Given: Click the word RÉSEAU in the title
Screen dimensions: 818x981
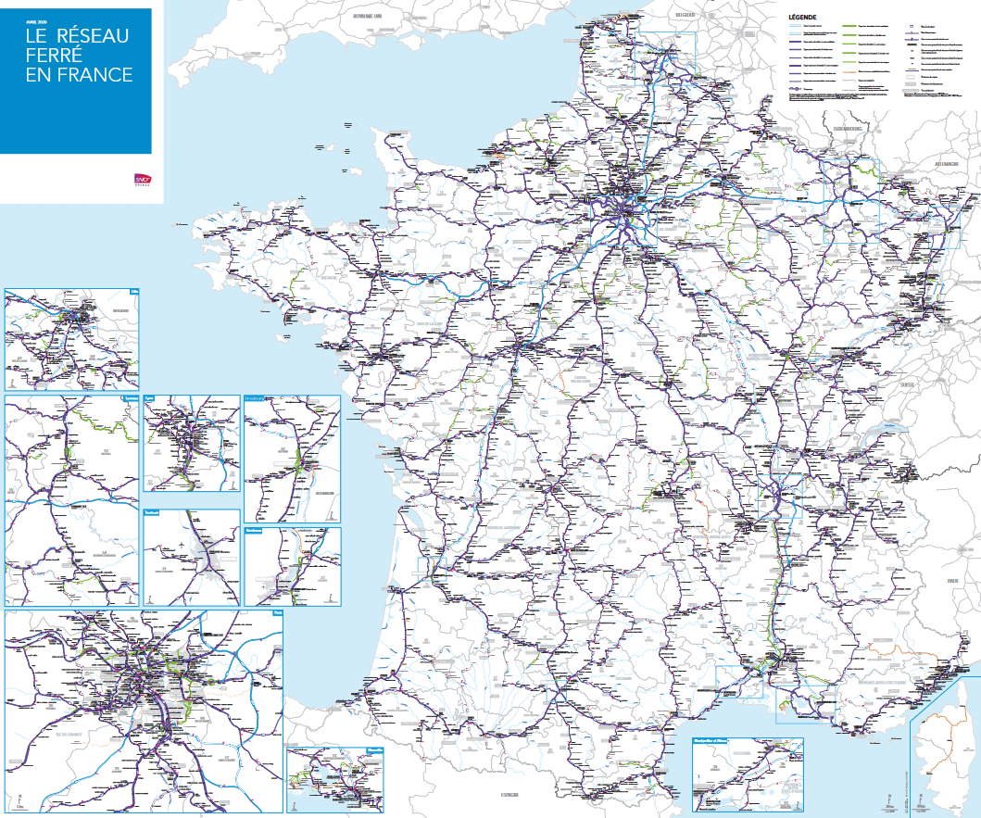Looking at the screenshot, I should tap(93, 35).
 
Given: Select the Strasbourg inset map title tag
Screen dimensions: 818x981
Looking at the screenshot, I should tap(256, 399).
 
